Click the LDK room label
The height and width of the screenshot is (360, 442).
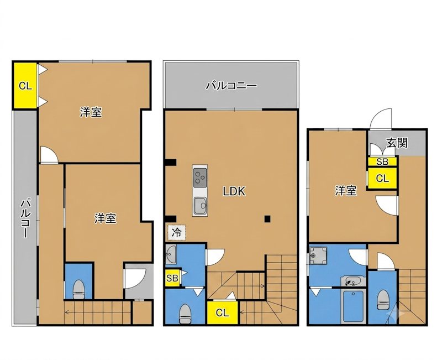[234, 191]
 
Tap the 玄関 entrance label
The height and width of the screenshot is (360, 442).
[397, 143]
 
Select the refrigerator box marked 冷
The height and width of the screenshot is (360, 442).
[176, 232]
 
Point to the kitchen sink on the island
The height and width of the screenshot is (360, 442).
[200, 206]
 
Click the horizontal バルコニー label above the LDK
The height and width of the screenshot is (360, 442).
[231, 85]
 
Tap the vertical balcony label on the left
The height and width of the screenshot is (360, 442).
[25, 218]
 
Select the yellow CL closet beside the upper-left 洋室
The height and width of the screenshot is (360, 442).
[25, 86]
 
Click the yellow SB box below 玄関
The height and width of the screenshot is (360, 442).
[382, 161]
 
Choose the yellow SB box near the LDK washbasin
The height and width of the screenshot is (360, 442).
[172, 278]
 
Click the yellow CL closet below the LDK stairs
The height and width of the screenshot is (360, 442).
[222, 312]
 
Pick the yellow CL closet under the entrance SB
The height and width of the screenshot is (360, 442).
[382, 178]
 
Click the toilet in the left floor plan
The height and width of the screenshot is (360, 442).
[79, 290]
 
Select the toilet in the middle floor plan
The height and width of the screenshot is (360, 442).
[185, 314]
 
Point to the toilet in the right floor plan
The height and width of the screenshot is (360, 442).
[383, 300]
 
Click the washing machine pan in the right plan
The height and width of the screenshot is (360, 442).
[318, 256]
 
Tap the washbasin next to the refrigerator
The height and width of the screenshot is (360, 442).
[171, 254]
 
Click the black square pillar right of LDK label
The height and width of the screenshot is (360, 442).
[267, 218]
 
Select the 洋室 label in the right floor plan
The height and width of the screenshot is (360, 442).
[346, 191]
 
